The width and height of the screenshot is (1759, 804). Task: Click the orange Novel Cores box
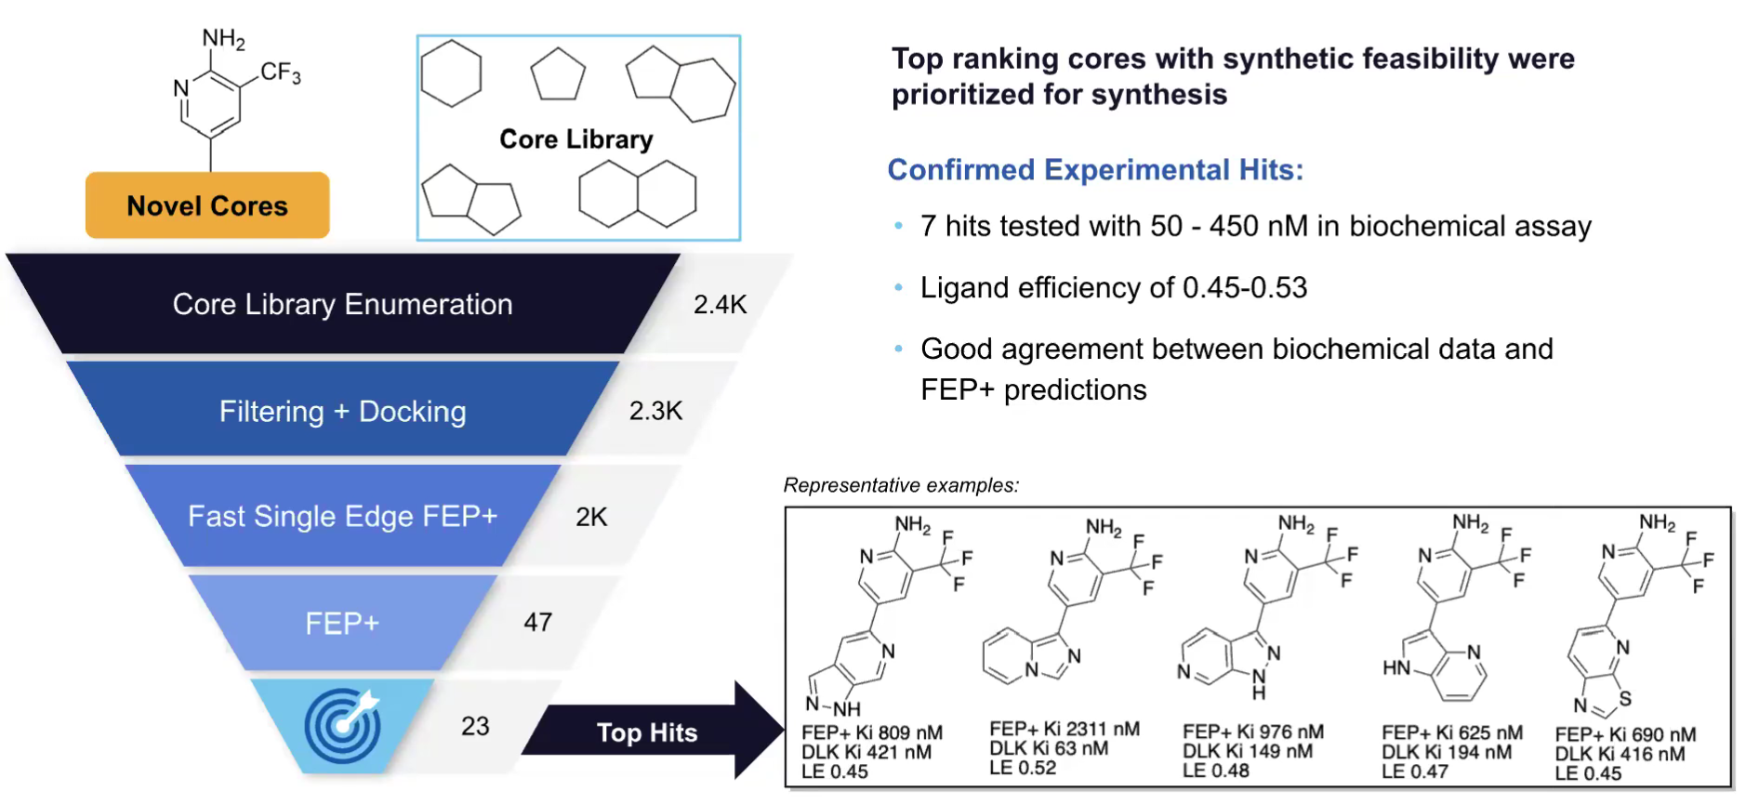tap(207, 205)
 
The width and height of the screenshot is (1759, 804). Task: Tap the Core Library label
tap(575, 139)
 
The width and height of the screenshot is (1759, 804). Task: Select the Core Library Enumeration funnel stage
tap(342, 304)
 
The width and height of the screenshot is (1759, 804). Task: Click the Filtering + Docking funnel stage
tap(342, 411)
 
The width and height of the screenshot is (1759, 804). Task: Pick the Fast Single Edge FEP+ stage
tap(342, 516)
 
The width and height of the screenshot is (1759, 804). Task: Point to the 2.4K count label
tap(720, 304)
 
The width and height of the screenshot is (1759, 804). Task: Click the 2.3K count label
tap(655, 411)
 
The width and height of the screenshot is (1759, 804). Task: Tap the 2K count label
tap(591, 517)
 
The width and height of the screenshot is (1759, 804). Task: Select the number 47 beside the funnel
tap(537, 622)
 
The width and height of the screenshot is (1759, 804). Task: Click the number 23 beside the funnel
tap(475, 726)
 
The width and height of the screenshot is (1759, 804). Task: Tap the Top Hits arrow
tap(651, 732)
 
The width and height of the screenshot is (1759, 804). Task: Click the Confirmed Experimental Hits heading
tap(1095, 170)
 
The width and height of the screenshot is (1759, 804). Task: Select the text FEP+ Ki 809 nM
tap(871, 732)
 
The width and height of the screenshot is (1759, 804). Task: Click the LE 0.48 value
tap(1215, 771)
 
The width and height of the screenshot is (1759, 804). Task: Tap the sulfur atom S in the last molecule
tap(1624, 698)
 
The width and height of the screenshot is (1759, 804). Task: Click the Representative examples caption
tap(901, 485)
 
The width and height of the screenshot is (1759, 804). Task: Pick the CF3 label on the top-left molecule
tap(280, 72)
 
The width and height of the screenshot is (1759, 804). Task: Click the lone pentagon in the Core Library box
tap(558, 74)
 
